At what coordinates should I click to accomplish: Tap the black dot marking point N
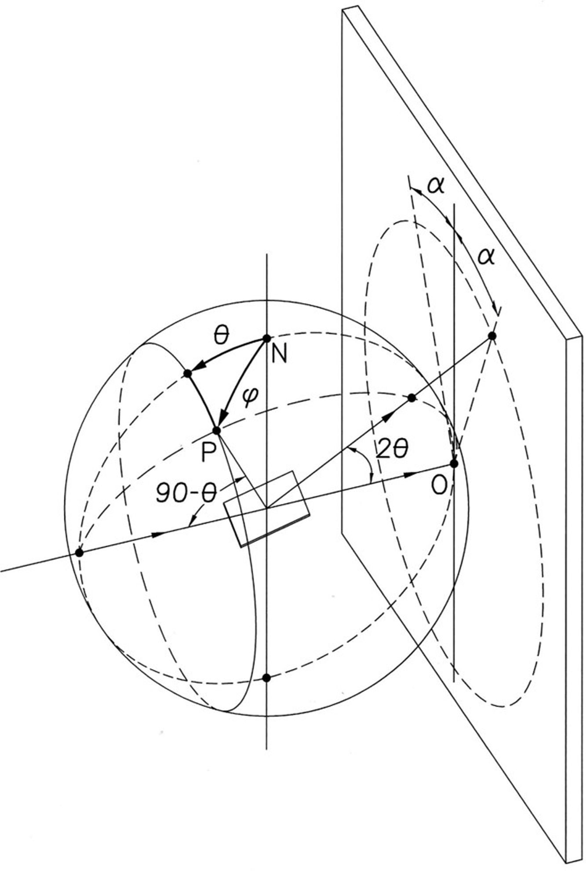click(x=266, y=338)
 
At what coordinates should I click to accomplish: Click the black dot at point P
click(x=216, y=430)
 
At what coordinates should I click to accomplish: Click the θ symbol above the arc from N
click(x=221, y=336)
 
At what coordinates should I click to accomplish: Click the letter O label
click(x=440, y=485)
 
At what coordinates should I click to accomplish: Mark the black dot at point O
click(x=455, y=464)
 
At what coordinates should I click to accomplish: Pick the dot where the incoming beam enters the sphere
click(x=80, y=553)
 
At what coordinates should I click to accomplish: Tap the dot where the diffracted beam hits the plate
click(x=492, y=336)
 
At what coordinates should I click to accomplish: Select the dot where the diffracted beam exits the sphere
click(x=412, y=398)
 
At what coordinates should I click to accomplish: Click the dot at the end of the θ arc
click(x=188, y=374)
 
